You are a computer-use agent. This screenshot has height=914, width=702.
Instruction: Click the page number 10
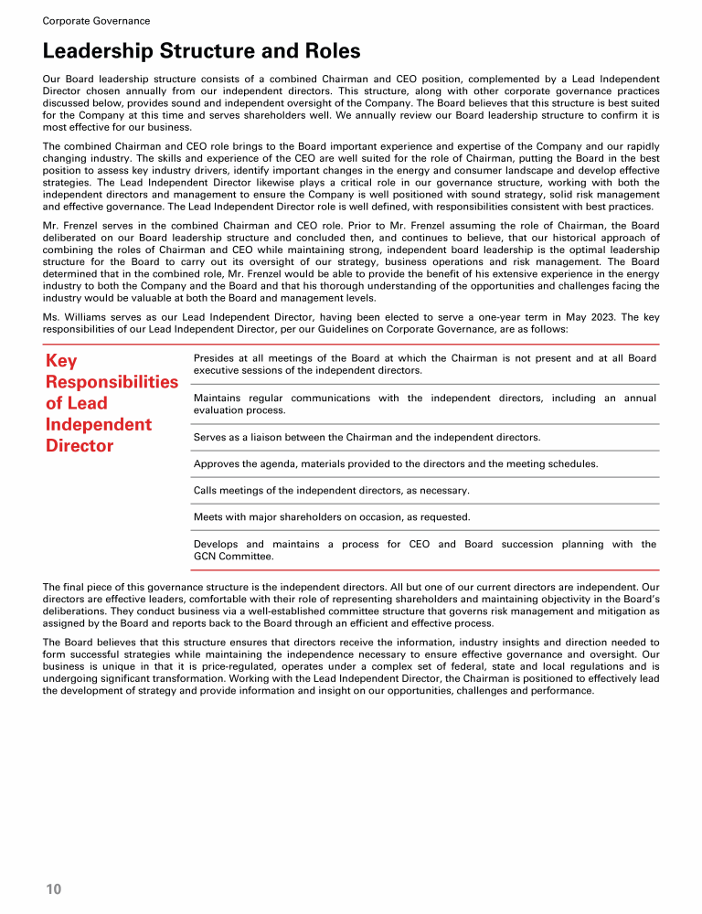(53, 888)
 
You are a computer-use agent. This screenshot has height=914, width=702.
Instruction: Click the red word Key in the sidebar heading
(61, 361)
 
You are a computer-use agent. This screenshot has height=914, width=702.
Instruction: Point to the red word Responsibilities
(112, 382)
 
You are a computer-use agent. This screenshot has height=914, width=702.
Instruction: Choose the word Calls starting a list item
(207, 491)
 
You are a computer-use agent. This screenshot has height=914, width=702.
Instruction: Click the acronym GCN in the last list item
(206, 556)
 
